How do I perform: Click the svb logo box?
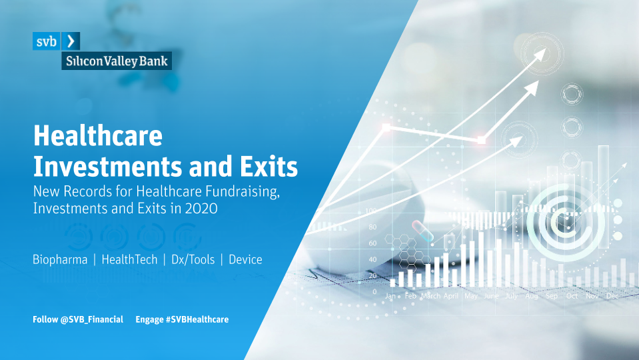pos(47,41)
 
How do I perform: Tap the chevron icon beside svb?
pos(71,41)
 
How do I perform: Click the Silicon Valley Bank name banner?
pos(117,61)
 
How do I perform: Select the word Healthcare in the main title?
pos(98,135)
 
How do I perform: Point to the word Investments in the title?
pos(107,167)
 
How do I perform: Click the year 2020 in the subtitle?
pos(201,209)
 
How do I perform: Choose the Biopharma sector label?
pos(60,260)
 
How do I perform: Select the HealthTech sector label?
pos(129,260)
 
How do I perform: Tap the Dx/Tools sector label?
pos(193,260)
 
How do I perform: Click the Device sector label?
pos(245,260)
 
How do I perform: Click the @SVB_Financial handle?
pos(92,319)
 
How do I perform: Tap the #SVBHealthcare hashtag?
pos(197,319)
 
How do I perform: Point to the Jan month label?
pos(390,296)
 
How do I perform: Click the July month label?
pos(511,296)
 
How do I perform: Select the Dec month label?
pos(612,296)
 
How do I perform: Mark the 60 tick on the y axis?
pos(372,243)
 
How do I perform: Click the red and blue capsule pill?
pos(422,231)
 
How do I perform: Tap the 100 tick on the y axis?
pos(371,211)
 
